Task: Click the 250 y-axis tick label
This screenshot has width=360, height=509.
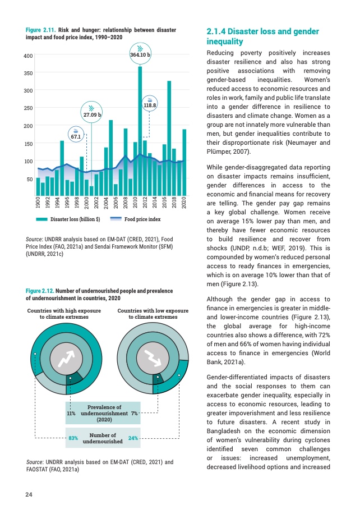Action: [x=28, y=108]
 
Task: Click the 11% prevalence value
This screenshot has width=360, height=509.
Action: [x=71, y=413]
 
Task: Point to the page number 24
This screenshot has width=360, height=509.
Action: [x=29, y=494]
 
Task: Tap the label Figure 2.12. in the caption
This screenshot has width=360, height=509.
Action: [x=40, y=291]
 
